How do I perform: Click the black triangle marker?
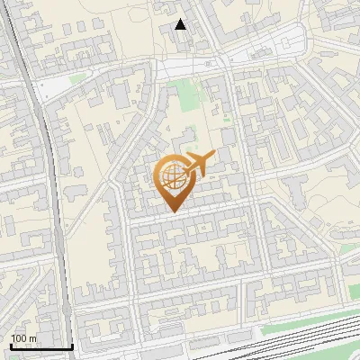[x=181, y=24]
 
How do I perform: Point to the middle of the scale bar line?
[x=41, y=346]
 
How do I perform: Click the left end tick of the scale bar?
[x=11, y=345]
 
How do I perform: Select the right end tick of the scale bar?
[x=72, y=345]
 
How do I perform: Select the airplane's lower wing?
[x=197, y=172]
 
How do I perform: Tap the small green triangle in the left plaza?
[x=76, y=78]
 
